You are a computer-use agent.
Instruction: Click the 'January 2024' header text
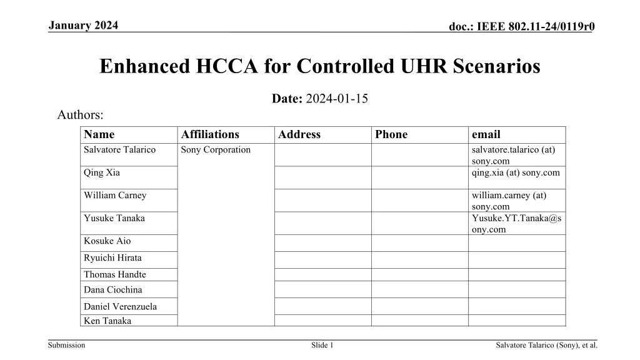pos(82,25)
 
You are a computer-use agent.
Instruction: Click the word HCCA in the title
pos(226,66)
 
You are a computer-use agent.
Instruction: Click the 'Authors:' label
pos(80,115)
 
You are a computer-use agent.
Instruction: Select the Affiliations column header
pos(210,134)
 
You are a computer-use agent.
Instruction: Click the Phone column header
pos(391,134)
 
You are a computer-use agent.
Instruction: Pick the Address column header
pos(299,134)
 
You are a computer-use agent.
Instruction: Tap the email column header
pos(486,134)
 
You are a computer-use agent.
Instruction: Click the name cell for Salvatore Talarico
pos(119,149)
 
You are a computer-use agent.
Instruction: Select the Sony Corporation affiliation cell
pos(216,149)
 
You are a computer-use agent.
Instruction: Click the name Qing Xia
pos(102,172)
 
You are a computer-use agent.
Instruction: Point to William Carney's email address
pos(509,201)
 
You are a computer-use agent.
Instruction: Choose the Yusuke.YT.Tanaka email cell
pos(516,224)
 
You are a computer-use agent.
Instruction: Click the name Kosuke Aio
pos(107,241)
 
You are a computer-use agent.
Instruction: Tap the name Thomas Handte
pos(115,274)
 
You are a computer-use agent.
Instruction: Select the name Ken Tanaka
pos(107,321)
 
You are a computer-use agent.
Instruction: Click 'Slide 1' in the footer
pos(322,345)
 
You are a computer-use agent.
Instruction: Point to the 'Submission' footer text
pos(66,345)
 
